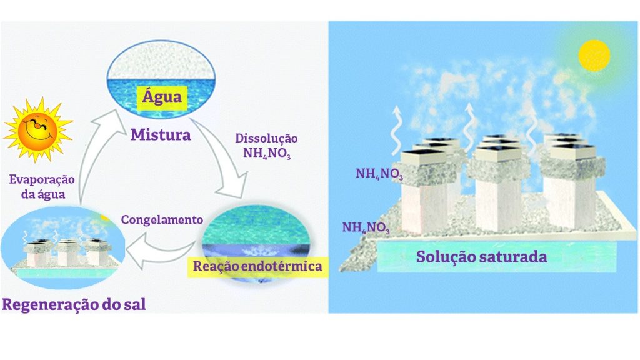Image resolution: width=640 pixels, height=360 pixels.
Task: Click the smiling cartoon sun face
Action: tap(38, 129)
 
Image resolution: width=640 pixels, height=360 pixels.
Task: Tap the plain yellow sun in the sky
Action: tap(594, 56)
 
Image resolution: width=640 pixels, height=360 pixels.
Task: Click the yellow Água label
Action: tap(162, 97)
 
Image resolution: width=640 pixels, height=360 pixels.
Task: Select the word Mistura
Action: tap(161, 135)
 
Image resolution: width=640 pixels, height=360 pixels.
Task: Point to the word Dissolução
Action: tap(266, 138)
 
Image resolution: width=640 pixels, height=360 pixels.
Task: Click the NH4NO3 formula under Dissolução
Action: tap(267, 154)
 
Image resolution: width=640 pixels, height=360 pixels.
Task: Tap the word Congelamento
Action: tap(162, 220)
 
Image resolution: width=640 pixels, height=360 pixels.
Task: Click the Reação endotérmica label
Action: tap(257, 267)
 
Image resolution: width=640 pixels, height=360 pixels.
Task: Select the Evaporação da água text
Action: tap(42, 186)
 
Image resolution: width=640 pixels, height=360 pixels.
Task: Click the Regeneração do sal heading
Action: tap(74, 304)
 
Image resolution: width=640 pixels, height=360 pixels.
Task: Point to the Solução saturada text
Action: tap(482, 257)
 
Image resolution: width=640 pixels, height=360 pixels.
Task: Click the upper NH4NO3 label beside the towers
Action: tap(379, 174)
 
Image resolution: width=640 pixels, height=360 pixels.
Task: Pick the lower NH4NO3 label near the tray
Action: tap(366, 227)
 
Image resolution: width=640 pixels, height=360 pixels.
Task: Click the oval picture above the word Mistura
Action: tap(161, 79)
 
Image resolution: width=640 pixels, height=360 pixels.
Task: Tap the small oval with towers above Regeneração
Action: tap(62, 247)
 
